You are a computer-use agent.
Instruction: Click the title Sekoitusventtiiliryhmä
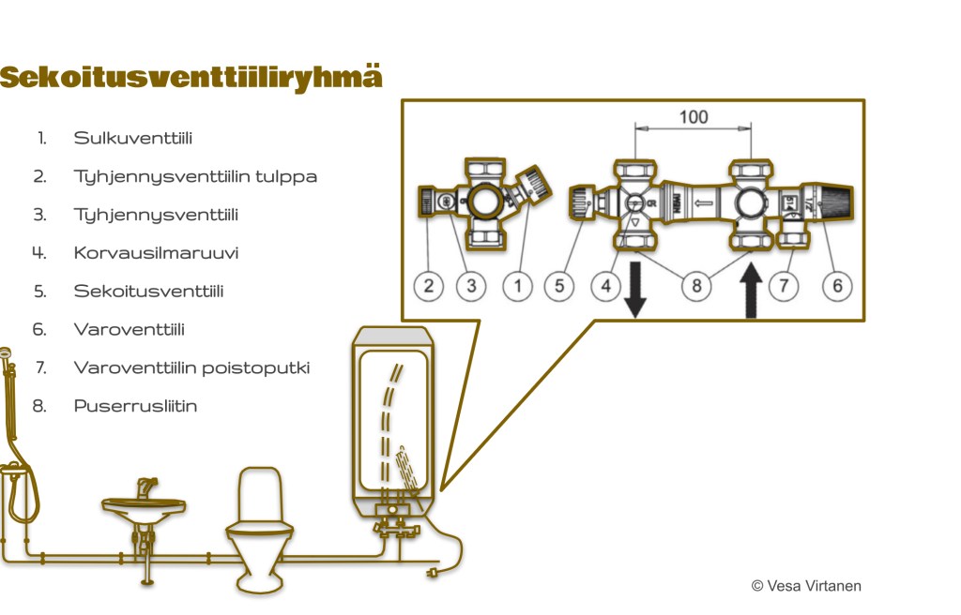pyautogui.click(x=191, y=77)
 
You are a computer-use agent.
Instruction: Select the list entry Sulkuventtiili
pyautogui.click(x=133, y=138)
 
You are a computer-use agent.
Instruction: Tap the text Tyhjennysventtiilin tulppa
pyautogui.click(x=195, y=176)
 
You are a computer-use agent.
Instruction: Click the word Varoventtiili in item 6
pyautogui.click(x=129, y=329)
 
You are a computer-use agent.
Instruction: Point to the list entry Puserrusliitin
pyautogui.click(x=135, y=406)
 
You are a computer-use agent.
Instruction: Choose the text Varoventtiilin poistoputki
pyautogui.click(x=191, y=367)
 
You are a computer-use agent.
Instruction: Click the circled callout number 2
pyautogui.click(x=428, y=286)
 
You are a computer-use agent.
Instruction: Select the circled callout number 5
pyautogui.click(x=559, y=286)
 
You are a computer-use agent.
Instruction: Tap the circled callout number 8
pyautogui.click(x=695, y=286)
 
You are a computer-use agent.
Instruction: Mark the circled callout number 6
pyautogui.click(x=837, y=286)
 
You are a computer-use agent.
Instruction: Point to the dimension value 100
pyautogui.click(x=694, y=117)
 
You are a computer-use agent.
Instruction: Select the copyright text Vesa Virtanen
pyautogui.click(x=806, y=586)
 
